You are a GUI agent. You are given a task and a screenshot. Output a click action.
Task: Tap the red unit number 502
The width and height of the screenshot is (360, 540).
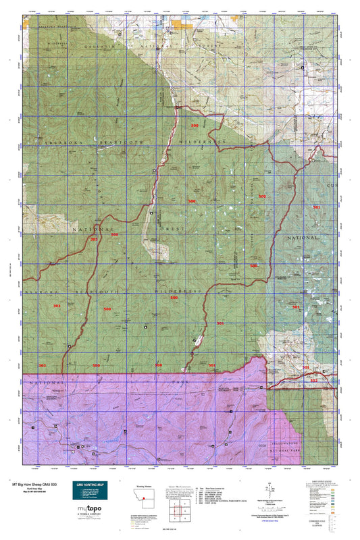313,380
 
